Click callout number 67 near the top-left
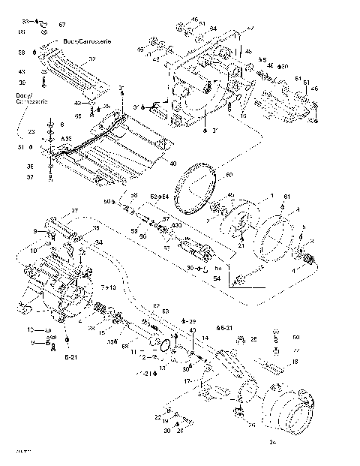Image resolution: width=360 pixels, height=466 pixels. click(x=62, y=26)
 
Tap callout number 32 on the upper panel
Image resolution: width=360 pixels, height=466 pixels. click(x=93, y=59)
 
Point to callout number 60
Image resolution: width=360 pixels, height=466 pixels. click(x=229, y=175)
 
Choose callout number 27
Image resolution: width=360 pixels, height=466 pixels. click(x=74, y=210)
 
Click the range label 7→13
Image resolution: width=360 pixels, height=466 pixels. click(x=108, y=288)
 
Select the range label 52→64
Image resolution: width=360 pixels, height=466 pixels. click(x=160, y=196)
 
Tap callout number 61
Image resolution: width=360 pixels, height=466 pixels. click(x=285, y=196)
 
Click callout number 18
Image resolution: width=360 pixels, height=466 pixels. click(x=295, y=362)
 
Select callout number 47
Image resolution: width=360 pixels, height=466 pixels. click(x=250, y=28)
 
